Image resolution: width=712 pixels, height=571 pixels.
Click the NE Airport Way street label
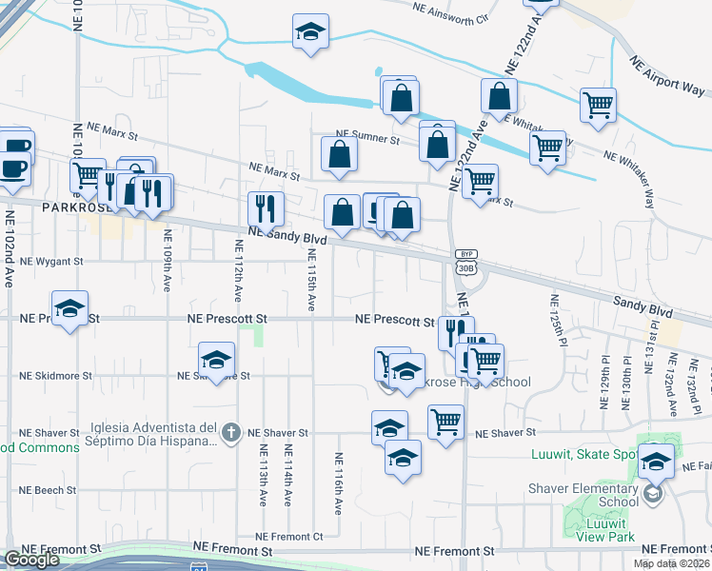[x=667, y=74]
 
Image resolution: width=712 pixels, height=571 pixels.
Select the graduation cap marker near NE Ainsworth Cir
[x=310, y=33]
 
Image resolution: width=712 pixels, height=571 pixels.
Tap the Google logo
[x=31, y=560]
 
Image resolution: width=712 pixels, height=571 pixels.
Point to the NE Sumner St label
[x=367, y=139]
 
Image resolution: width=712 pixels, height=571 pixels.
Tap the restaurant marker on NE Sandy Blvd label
[x=266, y=208]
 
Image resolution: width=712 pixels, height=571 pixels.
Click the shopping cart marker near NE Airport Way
[x=598, y=106]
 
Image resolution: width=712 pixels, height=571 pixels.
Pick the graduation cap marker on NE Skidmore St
[x=216, y=360]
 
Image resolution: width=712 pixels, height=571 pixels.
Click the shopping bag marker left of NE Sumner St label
[x=340, y=154]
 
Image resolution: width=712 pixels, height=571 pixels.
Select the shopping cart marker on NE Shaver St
[x=445, y=422]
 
